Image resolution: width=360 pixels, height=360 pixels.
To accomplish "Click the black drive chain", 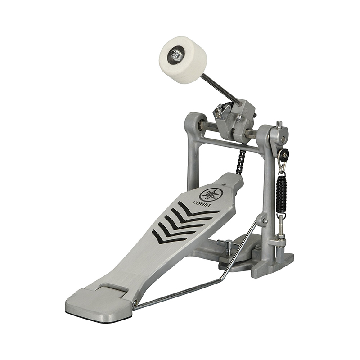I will coord(241,162).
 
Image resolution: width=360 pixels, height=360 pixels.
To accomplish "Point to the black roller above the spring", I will coord(283,155).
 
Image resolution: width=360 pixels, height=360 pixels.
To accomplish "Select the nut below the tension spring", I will coord(281,234).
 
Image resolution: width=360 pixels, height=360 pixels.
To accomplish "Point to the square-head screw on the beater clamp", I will coord(220,110).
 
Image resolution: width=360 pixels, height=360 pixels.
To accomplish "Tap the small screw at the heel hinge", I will coord(135,302).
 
